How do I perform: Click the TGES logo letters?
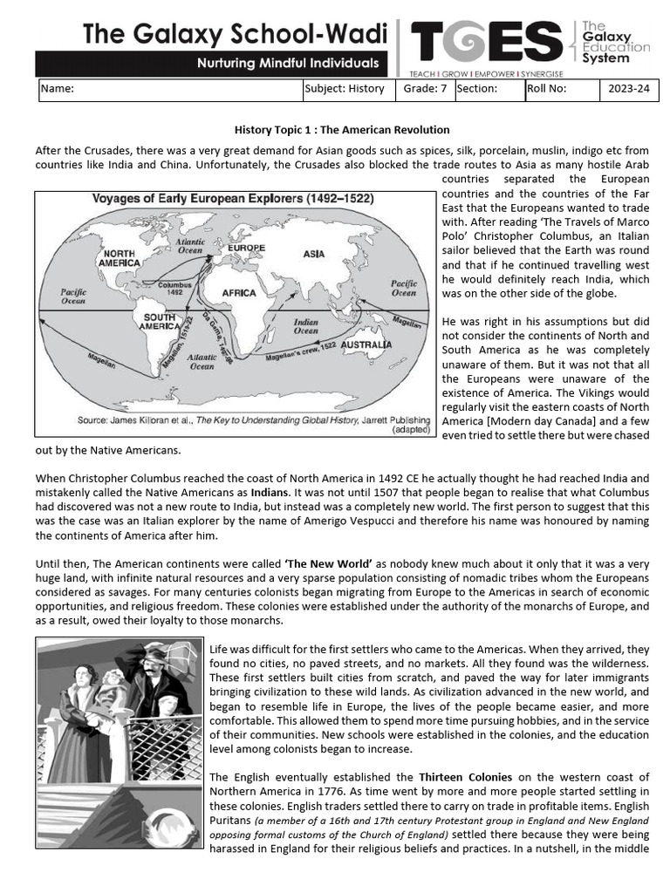pyautogui.click(x=486, y=41)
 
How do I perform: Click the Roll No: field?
pyautogui.click(x=561, y=88)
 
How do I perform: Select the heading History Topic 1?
pyautogui.click(x=342, y=129)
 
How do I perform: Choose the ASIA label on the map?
pyautogui.click(x=313, y=254)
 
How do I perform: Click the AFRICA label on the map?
pyautogui.click(x=239, y=293)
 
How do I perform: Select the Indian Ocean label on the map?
pyautogui.click(x=305, y=325)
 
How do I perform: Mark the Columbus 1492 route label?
pyautogui.click(x=174, y=288)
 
